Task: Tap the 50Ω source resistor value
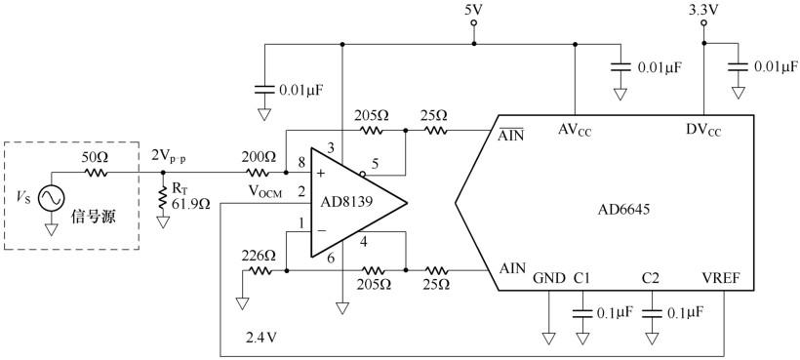tap(95, 157)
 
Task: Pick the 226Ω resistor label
tap(259, 256)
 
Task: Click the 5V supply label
tap(473, 12)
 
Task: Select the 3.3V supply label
tap(703, 11)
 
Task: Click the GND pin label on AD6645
tap(548, 279)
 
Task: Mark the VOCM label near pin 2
tap(263, 192)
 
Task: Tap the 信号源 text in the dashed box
tap(96, 216)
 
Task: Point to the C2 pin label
tap(651, 279)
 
